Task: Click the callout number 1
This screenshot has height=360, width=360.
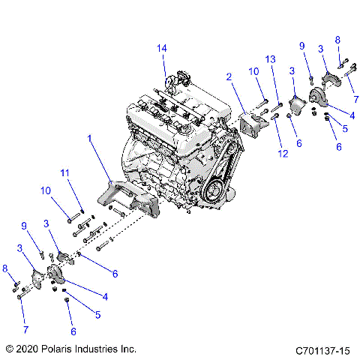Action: [x=91, y=139]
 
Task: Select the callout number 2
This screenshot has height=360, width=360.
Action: [x=228, y=76]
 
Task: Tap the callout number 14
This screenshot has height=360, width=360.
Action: [x=161, y=49]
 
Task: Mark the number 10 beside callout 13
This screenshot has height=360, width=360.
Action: [x=253, y=71]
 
